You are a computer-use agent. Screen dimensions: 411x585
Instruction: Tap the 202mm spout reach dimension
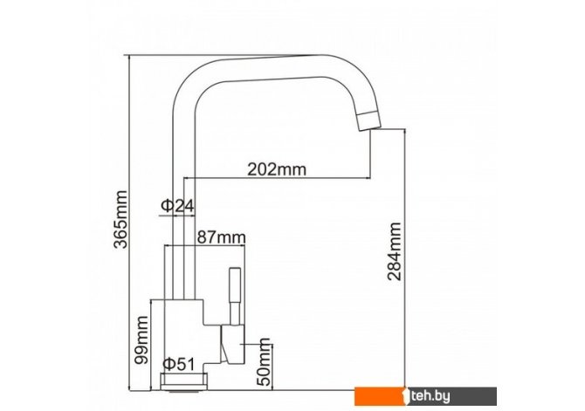pyautogui.click(x=277, y=169)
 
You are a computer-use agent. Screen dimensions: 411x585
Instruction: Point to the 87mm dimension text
pyautogui.click(x=221, y=236)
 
